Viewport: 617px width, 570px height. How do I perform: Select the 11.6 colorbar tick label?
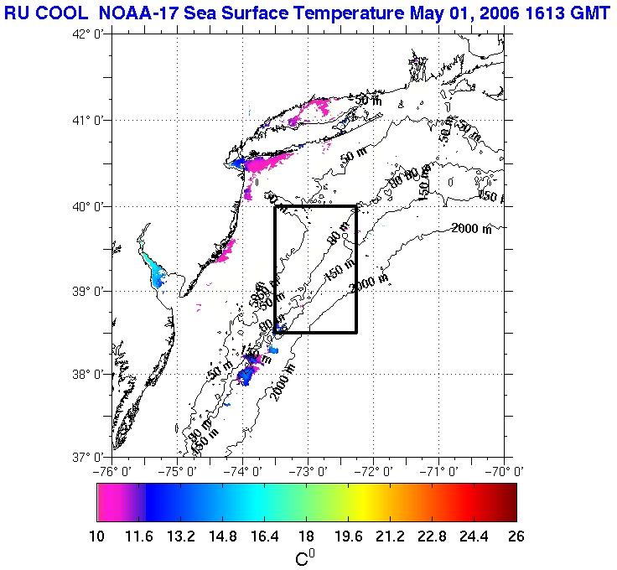145,537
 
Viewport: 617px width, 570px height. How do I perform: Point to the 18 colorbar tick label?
307,537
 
